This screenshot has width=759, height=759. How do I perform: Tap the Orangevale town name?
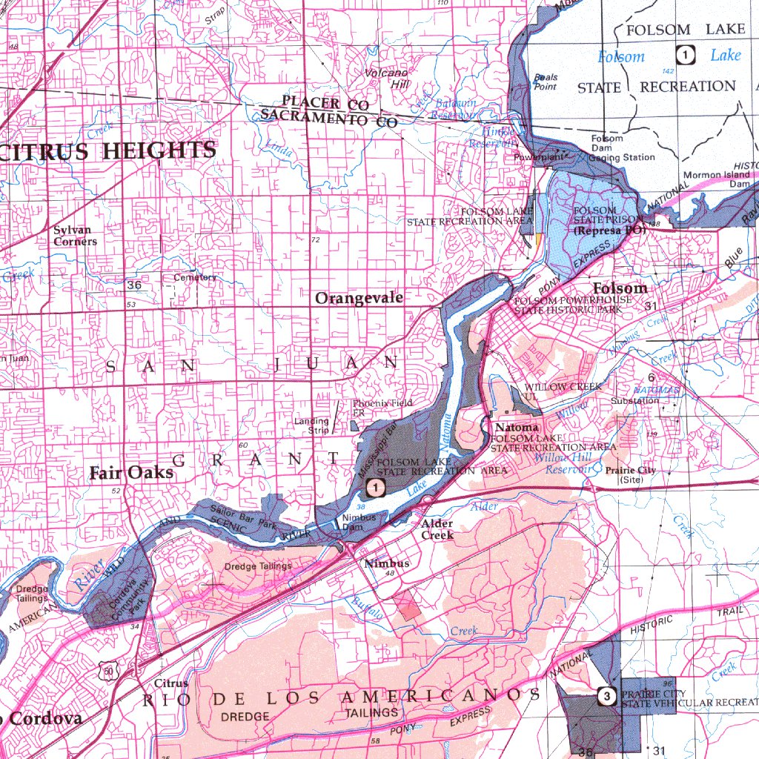point(359,298)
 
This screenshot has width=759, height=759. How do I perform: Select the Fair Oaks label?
point(131,473)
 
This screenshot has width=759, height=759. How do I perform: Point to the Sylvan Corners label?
point(75,236)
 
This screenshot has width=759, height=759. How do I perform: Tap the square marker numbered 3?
point(607,696)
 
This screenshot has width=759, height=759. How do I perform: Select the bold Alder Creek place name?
point(437,529)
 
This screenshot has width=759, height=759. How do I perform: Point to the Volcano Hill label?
point(386,79)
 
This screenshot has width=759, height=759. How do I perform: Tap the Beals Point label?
point(546,82)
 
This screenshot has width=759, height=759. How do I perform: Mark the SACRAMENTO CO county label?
point(329,119)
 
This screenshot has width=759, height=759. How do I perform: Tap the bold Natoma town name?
point(517,428)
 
